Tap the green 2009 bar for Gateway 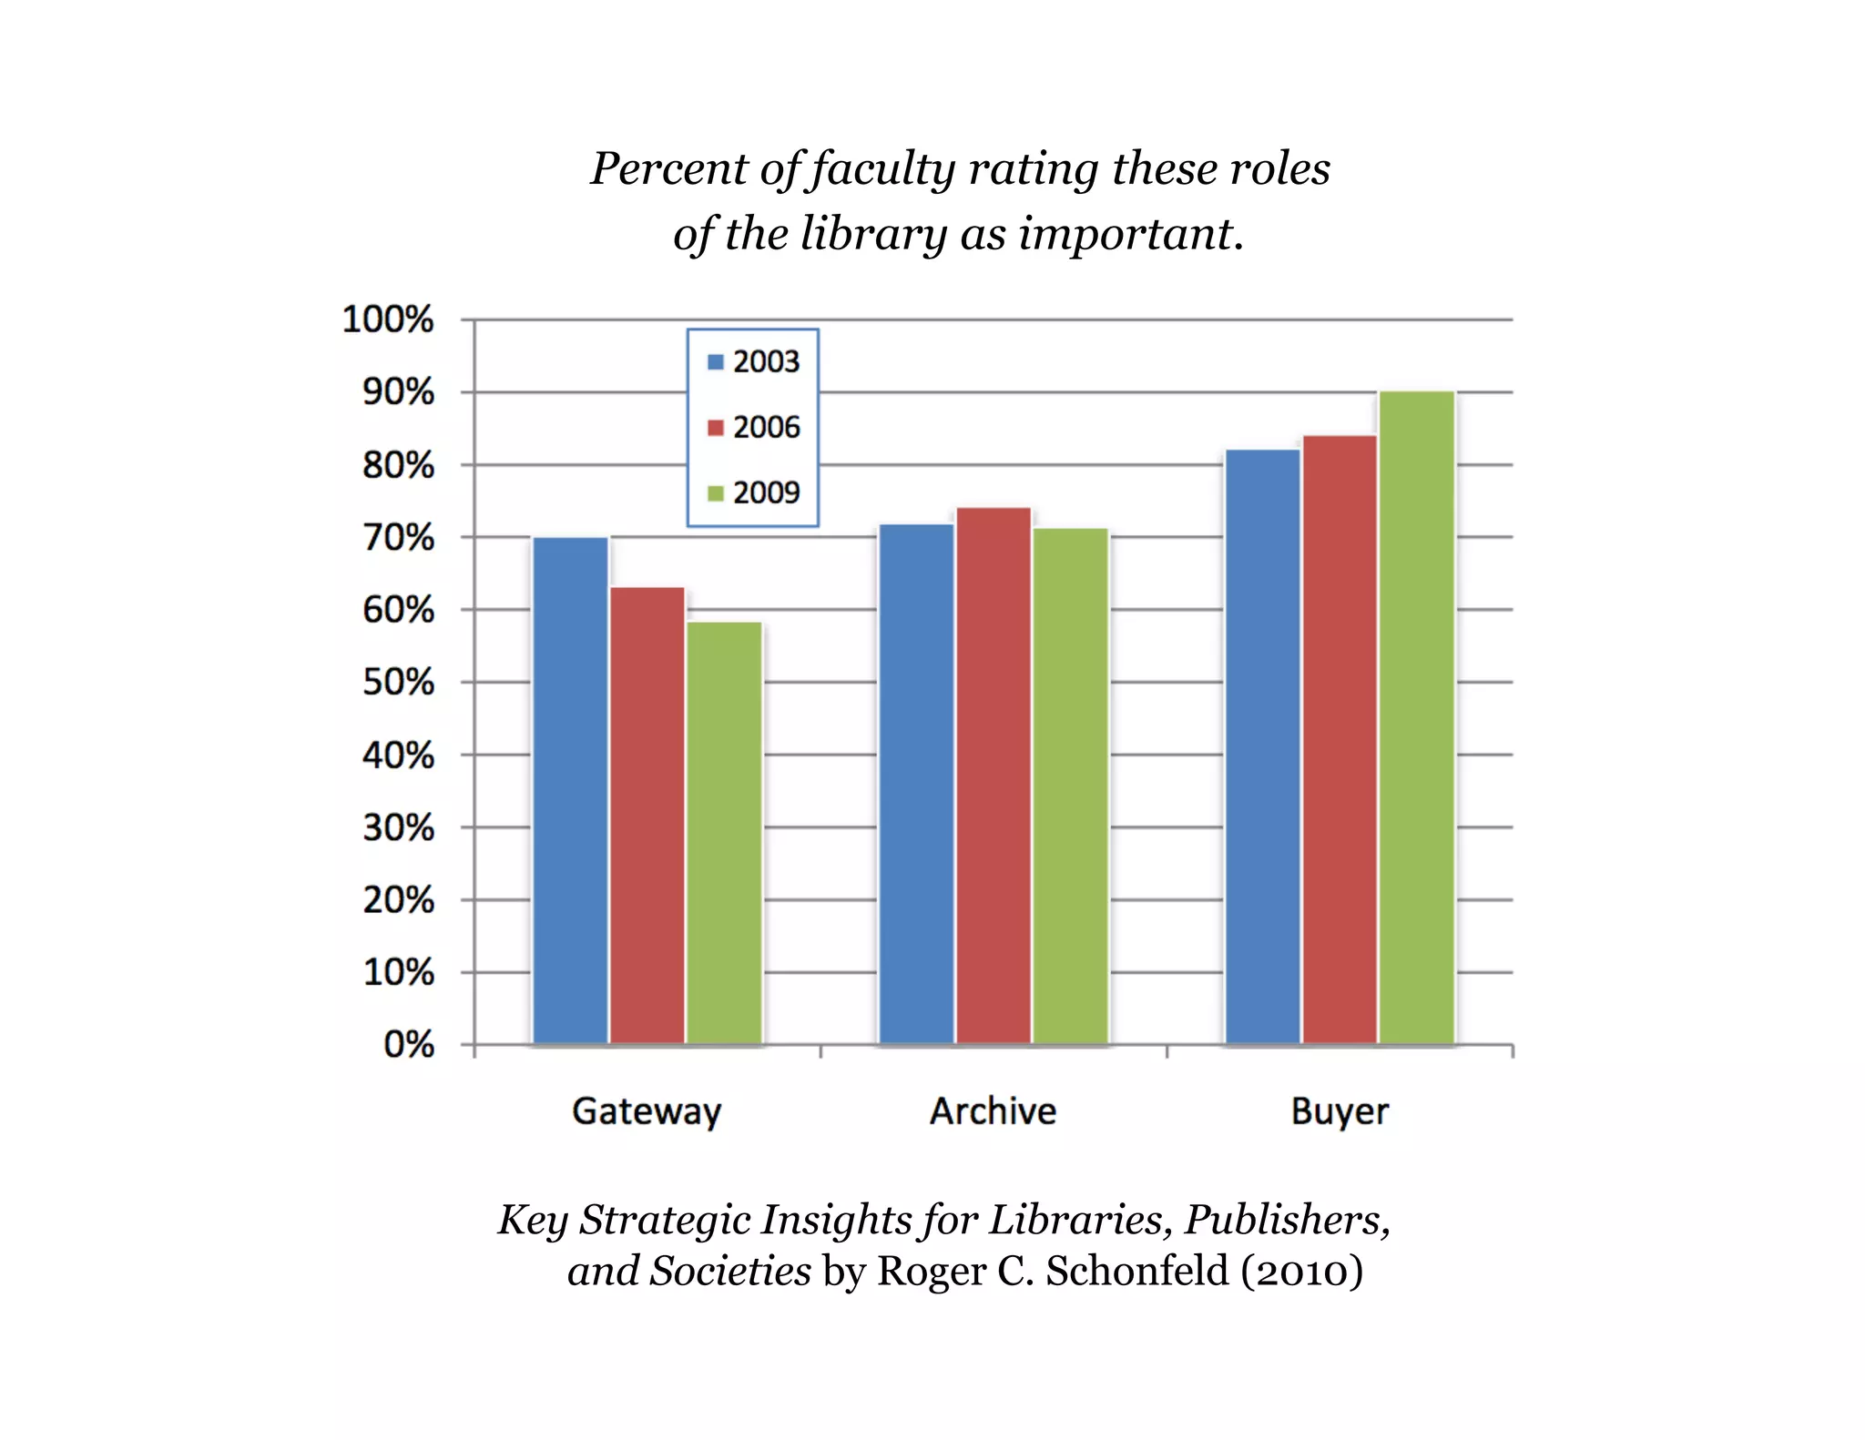(724, 832)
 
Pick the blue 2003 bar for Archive (916, 784)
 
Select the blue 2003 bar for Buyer (1262, 746)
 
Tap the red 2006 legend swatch (716, 427)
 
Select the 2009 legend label (766, 492)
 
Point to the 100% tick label (388, 319)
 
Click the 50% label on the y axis (398, 682)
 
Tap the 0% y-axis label (409, 1044)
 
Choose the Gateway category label (647, 1111)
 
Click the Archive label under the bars (993, 1110)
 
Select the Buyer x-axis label (1340, 1111)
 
